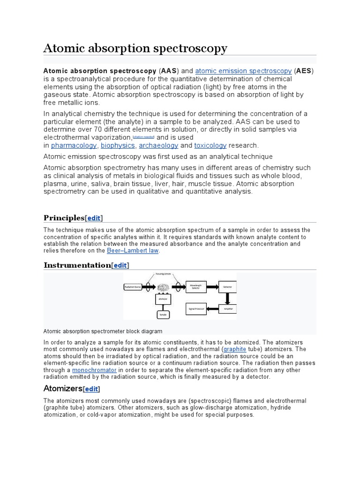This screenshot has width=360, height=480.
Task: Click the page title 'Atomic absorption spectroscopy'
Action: (x=135, y=48)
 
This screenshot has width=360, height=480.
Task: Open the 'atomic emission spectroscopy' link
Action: (x=243, y=71)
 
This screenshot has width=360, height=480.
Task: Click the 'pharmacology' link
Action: (x=74, y=145)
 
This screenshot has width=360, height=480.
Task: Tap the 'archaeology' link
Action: (x=159, y=145)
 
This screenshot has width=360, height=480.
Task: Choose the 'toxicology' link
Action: (x=210, y=145)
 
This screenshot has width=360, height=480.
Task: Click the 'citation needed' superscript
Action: (x=143, y=136)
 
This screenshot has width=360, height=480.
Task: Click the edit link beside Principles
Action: (x=94, y=218)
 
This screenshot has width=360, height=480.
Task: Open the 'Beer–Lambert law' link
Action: (x=133, y=251)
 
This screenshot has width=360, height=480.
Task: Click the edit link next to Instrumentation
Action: (x=120, y=265)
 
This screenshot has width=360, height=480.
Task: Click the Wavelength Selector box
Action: (x=196, y=286)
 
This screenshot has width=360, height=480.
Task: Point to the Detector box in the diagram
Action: (x=227, y=286)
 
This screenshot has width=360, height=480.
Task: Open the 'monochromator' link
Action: (x=94, y=370)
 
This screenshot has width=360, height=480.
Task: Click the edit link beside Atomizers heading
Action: (x=91, y=389)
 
